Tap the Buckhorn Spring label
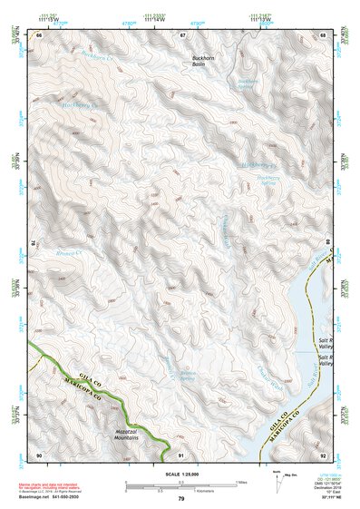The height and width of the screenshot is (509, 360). tap(248, 84)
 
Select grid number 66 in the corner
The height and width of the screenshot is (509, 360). tap(39, 34)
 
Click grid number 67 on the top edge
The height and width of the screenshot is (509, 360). tap(181, 34)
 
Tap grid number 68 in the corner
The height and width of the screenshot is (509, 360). tap(324, 34)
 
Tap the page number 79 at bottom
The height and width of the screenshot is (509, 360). tap(180, 500)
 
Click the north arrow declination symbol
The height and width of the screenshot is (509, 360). tap(277, 478)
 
